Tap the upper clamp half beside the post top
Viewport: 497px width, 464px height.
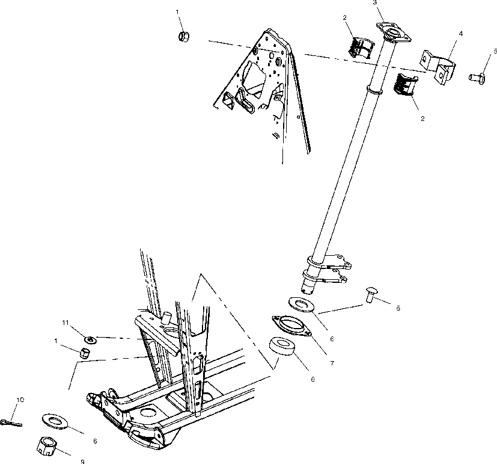(362, 46)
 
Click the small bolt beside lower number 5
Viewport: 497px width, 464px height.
(370, 295)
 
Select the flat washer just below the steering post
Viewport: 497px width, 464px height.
(300, 305)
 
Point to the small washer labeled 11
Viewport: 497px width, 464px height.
(87, 340)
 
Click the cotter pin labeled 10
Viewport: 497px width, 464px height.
(11, 422)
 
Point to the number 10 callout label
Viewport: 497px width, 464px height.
(20, 400)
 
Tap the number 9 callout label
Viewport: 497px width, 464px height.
(82, 462)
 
